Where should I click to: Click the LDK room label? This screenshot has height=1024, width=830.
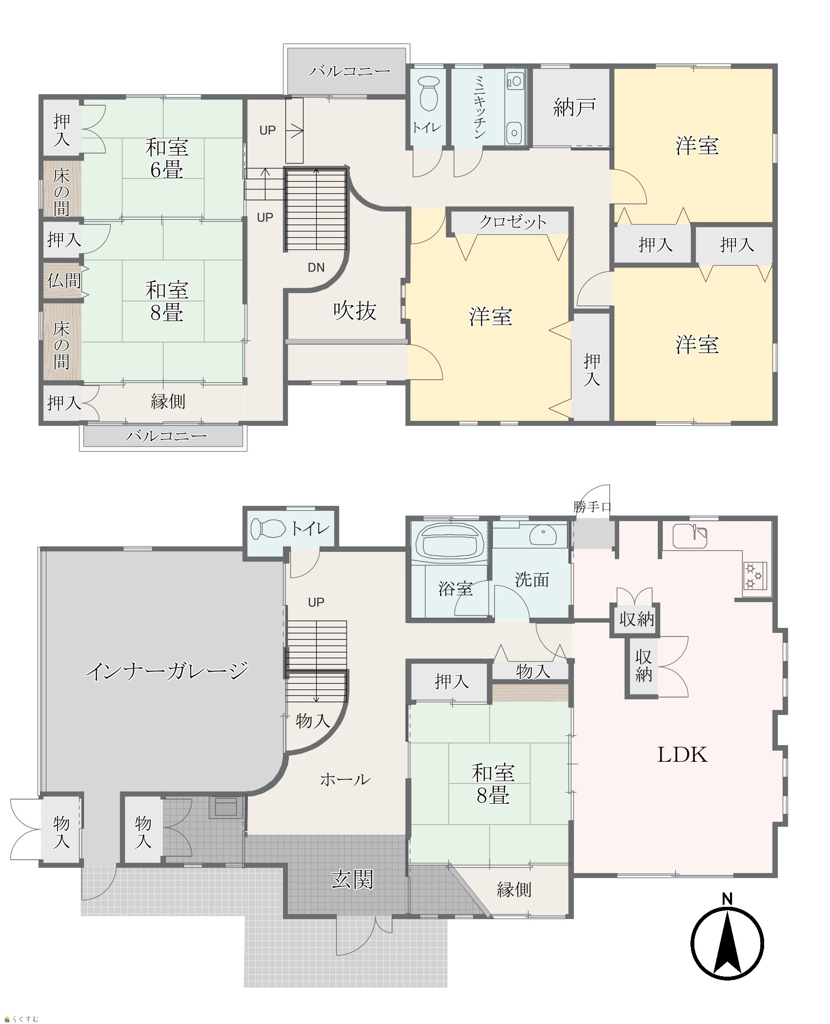682,755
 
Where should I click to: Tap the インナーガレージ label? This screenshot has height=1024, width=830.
167,671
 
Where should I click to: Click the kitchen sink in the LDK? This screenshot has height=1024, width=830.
689,536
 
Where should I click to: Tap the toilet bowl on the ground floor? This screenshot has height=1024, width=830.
268,528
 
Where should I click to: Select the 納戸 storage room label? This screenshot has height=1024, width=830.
574,107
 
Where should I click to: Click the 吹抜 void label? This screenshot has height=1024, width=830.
355,311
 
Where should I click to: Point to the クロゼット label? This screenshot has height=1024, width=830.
512,222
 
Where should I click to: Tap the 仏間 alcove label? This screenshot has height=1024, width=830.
64,281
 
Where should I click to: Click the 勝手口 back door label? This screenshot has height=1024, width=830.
592,507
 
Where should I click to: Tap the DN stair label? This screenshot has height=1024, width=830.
316,267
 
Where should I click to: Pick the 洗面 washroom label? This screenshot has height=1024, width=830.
532,580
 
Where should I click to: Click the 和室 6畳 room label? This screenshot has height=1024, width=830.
167,158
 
